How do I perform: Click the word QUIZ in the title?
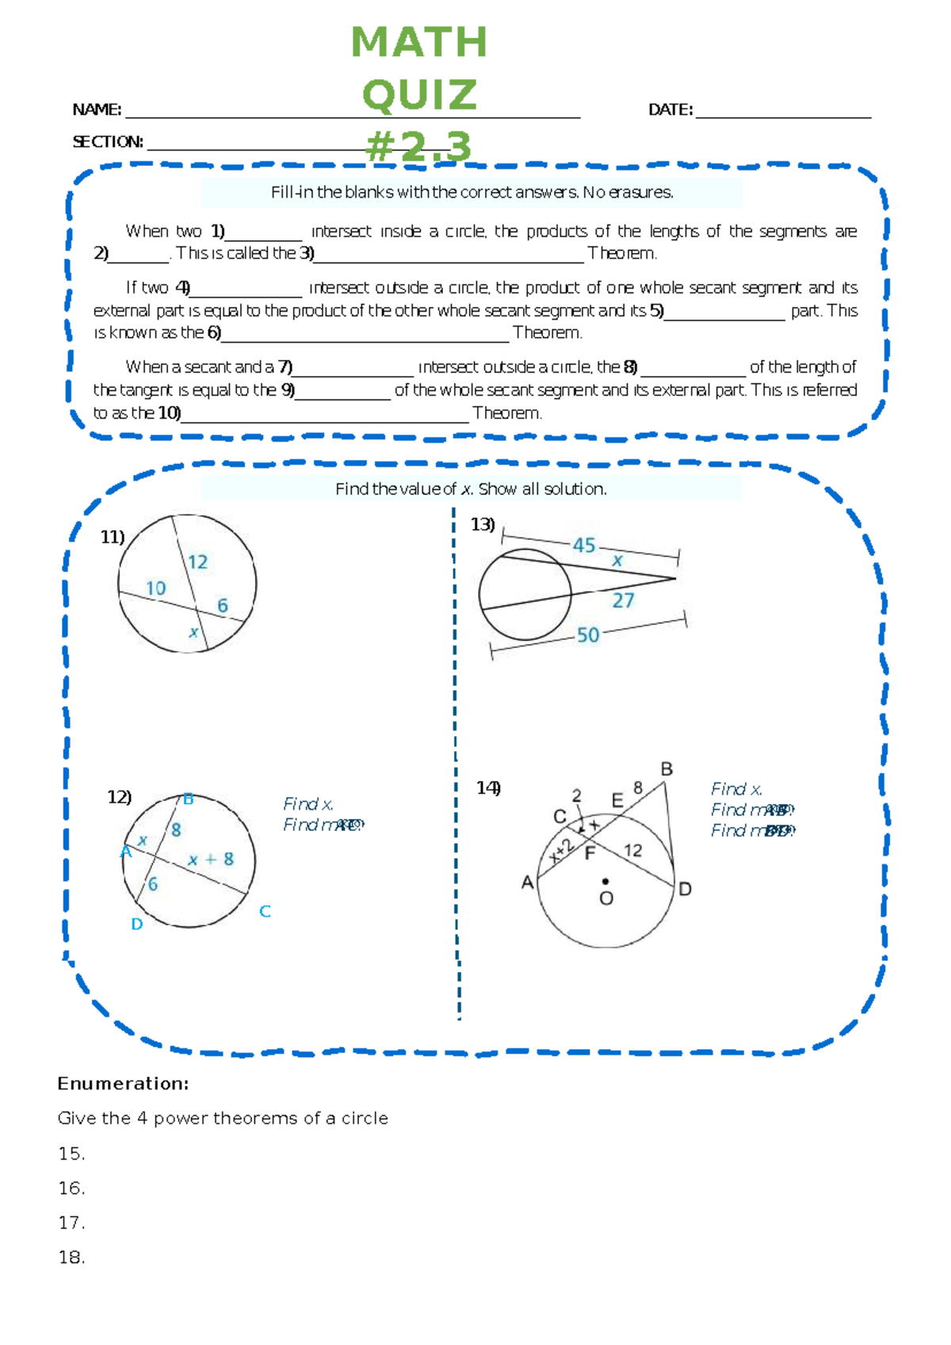[419, 95]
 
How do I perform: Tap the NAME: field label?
[97, 109]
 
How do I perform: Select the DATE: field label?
[670, 109]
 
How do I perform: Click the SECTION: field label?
[108, 142]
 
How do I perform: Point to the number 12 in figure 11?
[197, 561]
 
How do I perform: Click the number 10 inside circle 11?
[155, 588]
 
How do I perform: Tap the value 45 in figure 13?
[584, 545]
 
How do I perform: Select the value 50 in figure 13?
[588, 634]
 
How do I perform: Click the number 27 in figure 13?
[623, 600]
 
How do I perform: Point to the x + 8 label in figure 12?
[211, 859]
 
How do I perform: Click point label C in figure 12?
[265, 911]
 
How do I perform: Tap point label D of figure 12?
[136, 924]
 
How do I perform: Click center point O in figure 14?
[605, 881]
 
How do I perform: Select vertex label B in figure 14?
[666, 768]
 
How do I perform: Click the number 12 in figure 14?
[632, 850]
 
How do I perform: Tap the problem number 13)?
[483, 524]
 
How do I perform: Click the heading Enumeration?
[123, 1083]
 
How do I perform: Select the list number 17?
[71, 1222]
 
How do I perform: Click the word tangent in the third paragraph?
[144, 390]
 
